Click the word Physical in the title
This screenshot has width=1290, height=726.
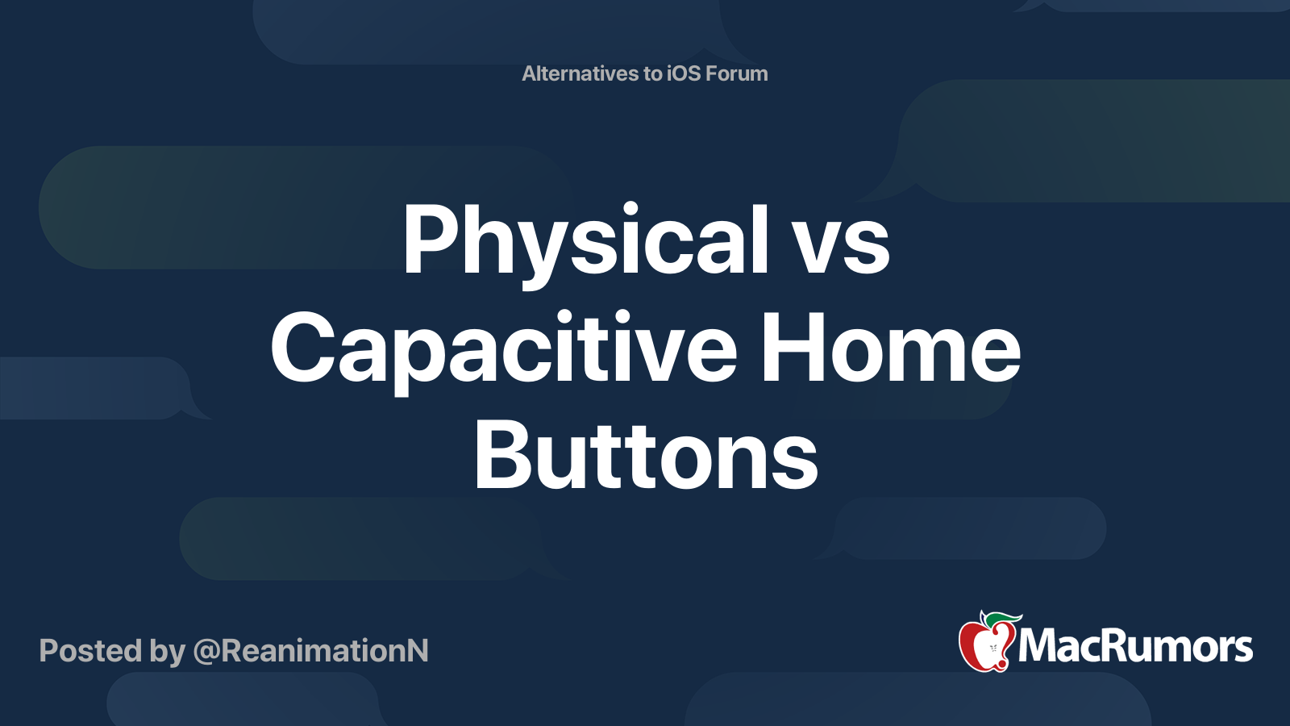click(585, 240)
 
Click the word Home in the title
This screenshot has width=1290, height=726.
click(891, 348)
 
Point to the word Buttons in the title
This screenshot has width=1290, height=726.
click(646, 457)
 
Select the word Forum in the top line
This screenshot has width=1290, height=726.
click(737, 73)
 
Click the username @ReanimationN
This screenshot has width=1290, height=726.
click(311, 651)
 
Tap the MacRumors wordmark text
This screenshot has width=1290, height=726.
click(1135, 647)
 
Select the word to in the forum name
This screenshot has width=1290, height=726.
click(652, 73)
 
